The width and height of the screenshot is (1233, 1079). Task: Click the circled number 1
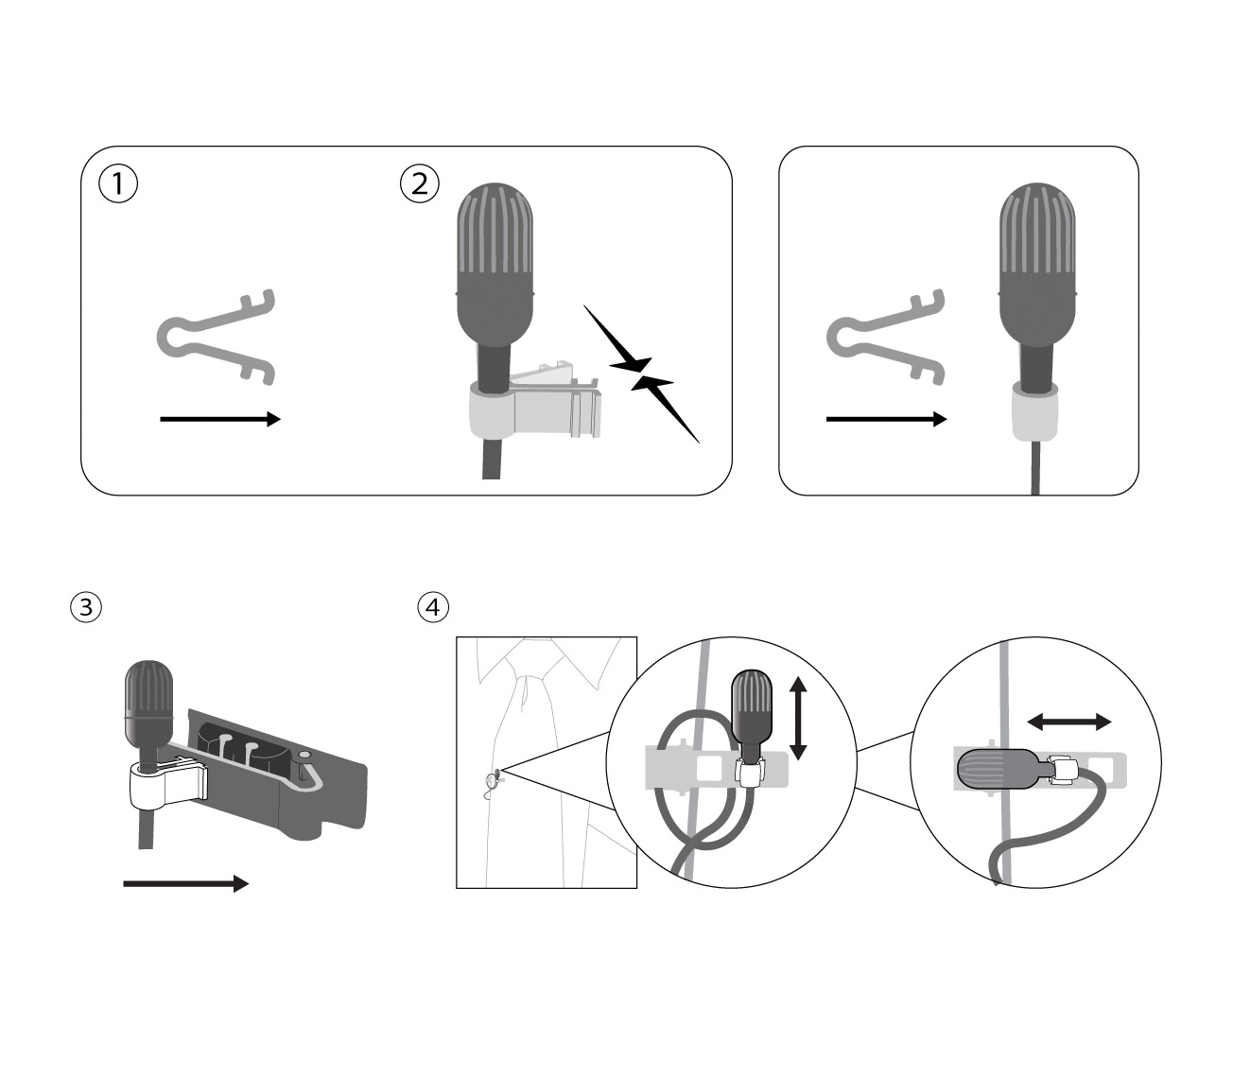coord(118,183)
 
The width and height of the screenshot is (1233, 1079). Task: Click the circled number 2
coord(420,183)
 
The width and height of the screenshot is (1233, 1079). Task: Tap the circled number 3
coord(86,607)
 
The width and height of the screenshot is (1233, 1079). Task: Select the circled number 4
coord(433,607)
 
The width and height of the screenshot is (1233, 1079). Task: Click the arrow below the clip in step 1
coord(220,419)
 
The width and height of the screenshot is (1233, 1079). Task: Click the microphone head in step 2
coord(495,265)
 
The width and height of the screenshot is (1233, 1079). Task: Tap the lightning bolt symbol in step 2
coord(641,374)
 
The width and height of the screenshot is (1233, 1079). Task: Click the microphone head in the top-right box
coord(1036,265)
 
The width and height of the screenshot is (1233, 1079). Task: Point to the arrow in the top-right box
coord(886,419)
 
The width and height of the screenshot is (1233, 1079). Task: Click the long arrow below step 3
coord(185,883)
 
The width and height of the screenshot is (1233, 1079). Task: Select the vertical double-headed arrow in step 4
coord(798,718)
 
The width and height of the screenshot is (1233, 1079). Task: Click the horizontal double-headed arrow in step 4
coord(1069,722)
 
